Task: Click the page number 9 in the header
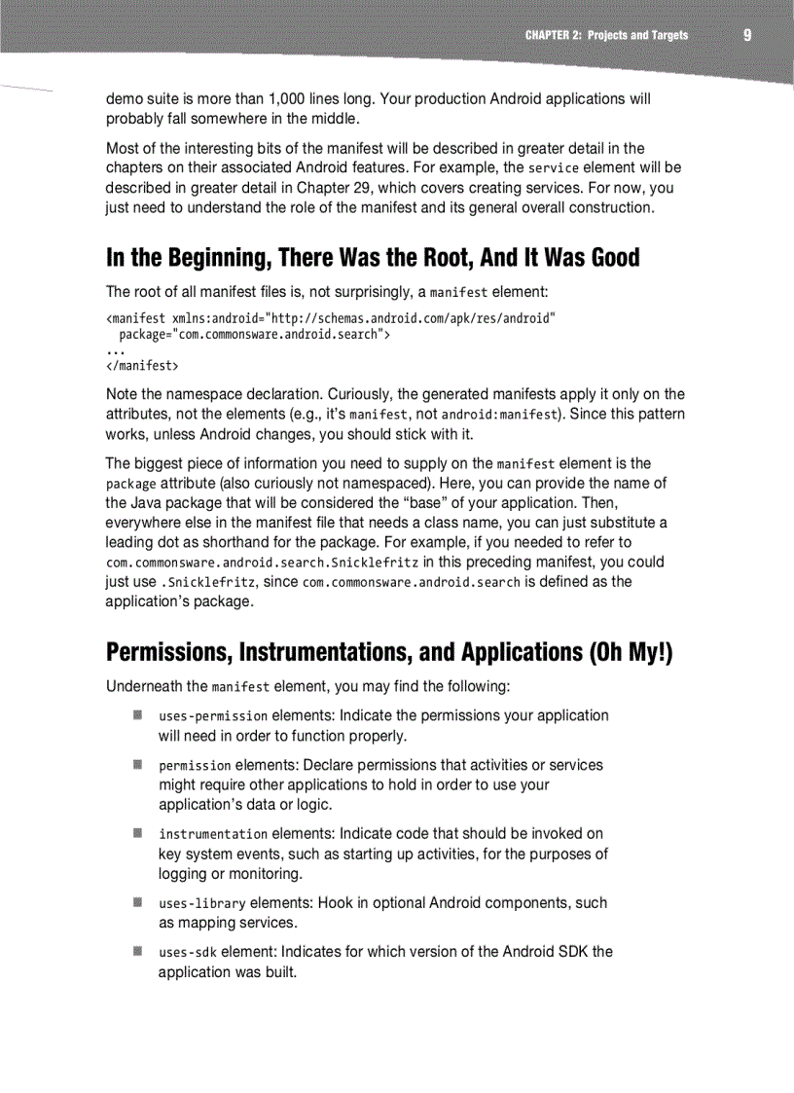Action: pos(746,35)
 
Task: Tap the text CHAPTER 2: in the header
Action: pos(553,36)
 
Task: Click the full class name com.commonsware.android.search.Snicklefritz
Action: pos(262,564)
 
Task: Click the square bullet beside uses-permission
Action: pos(138,715)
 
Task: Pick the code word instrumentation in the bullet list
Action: pos(212,834)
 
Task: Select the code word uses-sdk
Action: pos(187,952)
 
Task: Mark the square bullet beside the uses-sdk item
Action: pos(138,951)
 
